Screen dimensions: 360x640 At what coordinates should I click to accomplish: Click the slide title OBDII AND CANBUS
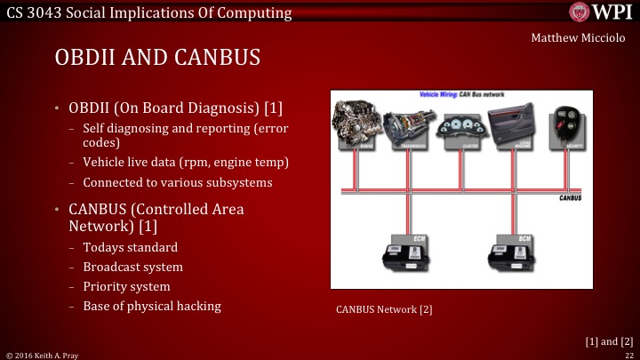click(x=157, y=59)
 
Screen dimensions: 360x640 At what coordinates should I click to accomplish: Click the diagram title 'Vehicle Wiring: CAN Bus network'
click(x=459, y=93)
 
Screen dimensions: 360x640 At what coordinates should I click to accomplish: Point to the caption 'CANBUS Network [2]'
click(x=384, y=310)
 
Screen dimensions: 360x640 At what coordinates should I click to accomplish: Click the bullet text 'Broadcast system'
click(x=132, y=267)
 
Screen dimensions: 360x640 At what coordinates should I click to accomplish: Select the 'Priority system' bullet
click(x=126, y=286)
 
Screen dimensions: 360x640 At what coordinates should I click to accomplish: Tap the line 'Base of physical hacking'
click(x=151, y=306)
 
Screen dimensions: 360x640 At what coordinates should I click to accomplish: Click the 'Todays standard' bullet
click(x=130, y=247)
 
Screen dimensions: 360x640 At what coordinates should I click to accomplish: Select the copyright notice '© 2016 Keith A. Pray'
click(x=43, y=354)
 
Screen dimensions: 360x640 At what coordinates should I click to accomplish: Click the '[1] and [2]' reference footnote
click(x=609, y=340)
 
